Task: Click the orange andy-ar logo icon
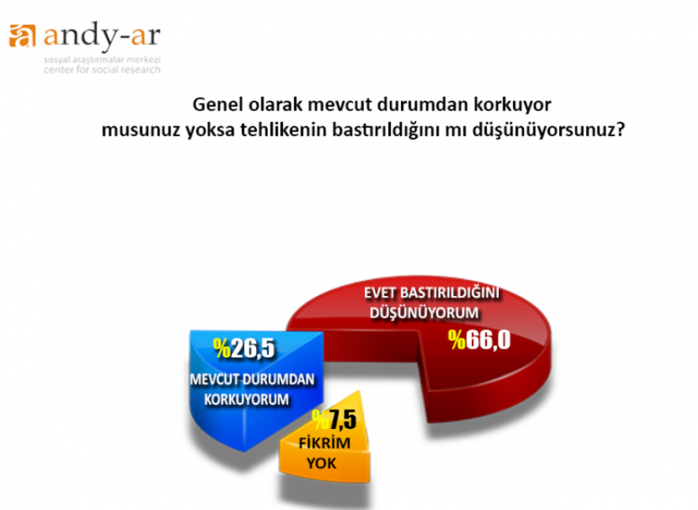[x=21, y=35]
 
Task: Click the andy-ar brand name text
[x=102, y=35]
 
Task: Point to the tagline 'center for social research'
[x=102, y=70]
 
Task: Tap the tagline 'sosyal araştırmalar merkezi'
[x=102, y=60]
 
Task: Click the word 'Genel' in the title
[x=218, y=105]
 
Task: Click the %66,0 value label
[x=479, y=341]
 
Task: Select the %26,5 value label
[x=245, y=348]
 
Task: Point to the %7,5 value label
[x=334, y=420]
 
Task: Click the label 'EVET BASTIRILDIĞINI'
[x=432, y=293]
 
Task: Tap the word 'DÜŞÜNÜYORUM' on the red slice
[x=424, y=313]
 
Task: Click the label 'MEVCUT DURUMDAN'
[x=252, y=379]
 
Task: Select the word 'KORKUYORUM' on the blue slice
[x=247, y=399]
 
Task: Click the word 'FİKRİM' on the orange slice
[x=325, y=443]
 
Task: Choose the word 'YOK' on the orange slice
[x=321, y=463]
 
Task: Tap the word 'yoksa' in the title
[x=210, y=131]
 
